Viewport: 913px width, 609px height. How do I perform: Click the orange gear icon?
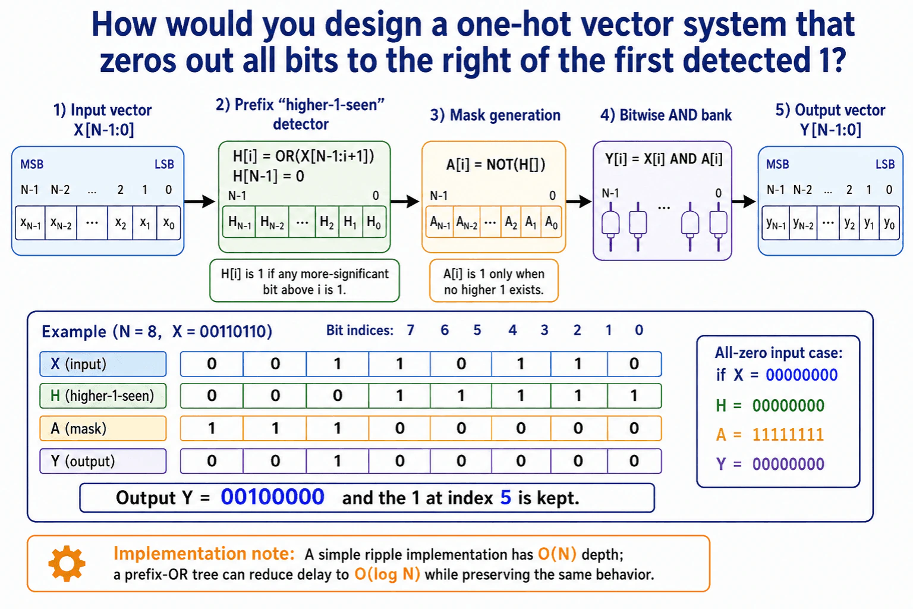pyautogui.click(x=67, y=563)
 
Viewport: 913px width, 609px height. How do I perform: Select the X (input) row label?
pyautogui.click(x=103, y=364)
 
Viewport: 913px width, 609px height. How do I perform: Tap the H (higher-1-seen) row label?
pyautogui.click(x=103, y=395)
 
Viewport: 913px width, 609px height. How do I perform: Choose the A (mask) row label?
pyautogui.click(x=103, y=428)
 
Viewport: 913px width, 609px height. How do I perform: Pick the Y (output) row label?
pyautogui.click(x=103, y=461)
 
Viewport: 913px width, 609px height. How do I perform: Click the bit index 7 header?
pyautogui.click(x=411, y=330)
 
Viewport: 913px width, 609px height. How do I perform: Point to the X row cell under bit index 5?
pyautogui.click(x=338, y=364)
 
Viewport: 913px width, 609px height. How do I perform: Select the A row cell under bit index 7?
pyautogui.click(x=212, y=428)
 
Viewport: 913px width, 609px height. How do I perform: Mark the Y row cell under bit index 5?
pyautogui.click(x=338, y=461)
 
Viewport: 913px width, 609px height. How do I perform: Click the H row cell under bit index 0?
pyautogui.click(x=634, y=395)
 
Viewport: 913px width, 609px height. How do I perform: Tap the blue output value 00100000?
pyautogui.click(x=272, y=497)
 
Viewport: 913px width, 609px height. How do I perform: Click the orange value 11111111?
pyautogui.click(x=788, y=435)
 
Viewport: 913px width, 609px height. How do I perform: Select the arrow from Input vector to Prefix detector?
pyautogui.click(x=200, y=201)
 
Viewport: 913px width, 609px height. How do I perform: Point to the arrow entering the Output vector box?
pyautogui.click(x=744, y=201)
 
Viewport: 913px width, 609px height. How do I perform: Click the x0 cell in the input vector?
pyautogui.click(x=169, y=222)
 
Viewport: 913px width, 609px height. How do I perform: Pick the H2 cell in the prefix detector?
pyautogui.click(x=327, y=222)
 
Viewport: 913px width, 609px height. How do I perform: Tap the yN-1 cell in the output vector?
pyautogui.click(x=776, y=222)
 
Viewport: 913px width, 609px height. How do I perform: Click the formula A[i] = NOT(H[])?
pyautogui.click(x=496, y=165)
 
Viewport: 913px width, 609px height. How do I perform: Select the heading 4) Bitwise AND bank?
pyautogui.click(x=666, y=115)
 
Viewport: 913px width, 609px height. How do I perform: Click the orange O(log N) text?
pyautogui.click(x=387, y=575)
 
